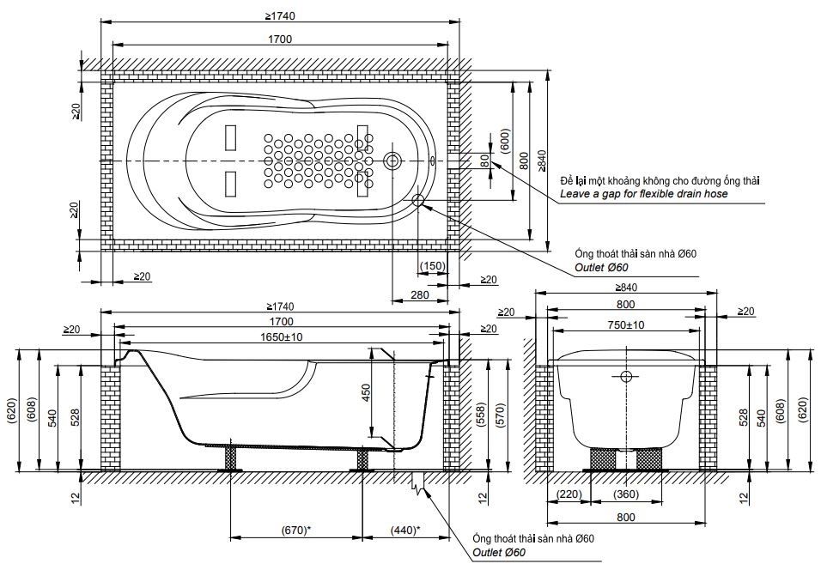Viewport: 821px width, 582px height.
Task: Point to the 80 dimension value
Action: [x=484, y=161]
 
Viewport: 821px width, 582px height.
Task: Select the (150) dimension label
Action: [x=433, y=265]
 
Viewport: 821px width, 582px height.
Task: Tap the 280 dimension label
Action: [x=419, y=295]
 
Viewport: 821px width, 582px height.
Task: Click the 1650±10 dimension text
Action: [x=282, y=338]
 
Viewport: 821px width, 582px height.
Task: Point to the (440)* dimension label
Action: [x=404, y=530]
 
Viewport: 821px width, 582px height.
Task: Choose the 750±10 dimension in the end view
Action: [x=627, y=325]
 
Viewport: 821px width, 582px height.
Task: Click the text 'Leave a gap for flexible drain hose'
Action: [x=644, y=195]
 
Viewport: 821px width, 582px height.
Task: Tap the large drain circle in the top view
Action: [x=393, y=161]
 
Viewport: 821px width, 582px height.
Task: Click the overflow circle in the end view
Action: [x=626, y=376]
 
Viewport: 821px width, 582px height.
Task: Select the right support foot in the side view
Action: [x=362, y=458]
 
